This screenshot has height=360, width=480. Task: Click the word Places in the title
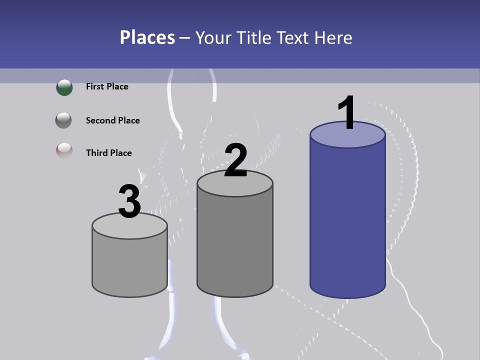coord(147,37)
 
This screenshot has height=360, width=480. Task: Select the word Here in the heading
coord(334,37)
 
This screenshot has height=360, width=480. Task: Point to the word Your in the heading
coord(214,37)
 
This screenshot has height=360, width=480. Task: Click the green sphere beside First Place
coord(64,87)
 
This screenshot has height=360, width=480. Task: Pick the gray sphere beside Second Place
coord(63,120)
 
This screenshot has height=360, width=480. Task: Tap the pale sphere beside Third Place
coord(64,151)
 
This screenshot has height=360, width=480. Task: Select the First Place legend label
coord(107,86)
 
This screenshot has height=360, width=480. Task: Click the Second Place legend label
coord(112,120)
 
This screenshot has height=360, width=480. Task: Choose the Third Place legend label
coord(108,153)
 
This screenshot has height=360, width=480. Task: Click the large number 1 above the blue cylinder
coord(346,113)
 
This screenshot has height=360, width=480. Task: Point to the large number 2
coord(235,160)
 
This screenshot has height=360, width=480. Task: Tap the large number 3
coord(129,201)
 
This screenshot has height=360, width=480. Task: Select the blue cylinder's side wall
coord(347,220)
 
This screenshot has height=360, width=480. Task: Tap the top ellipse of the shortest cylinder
coord(129,227)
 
